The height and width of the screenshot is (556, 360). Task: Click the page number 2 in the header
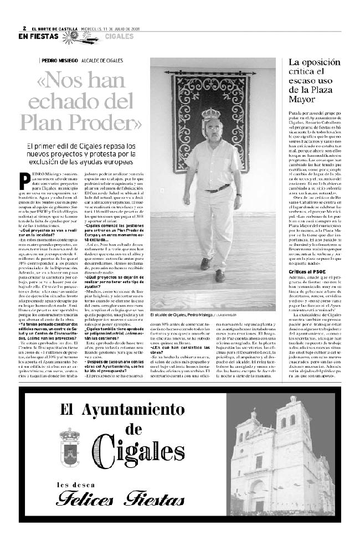click(x=25, y=28)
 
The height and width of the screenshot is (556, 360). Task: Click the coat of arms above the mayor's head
click(x=211, y=114)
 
